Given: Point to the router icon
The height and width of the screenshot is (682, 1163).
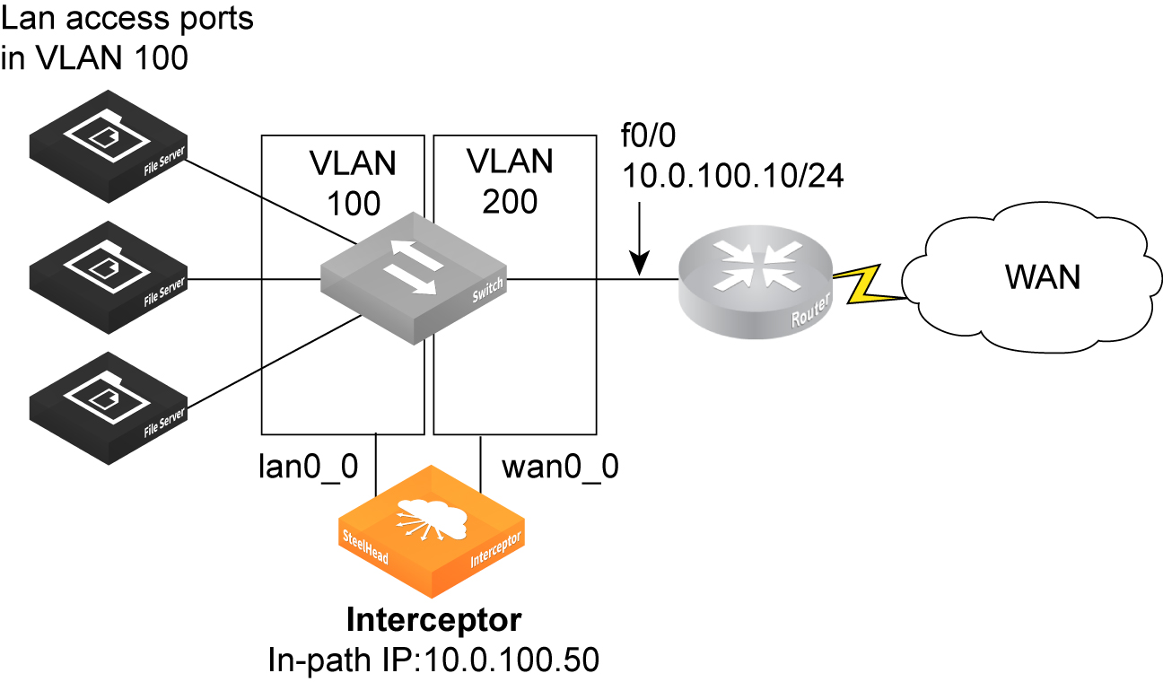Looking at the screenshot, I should (755, 284).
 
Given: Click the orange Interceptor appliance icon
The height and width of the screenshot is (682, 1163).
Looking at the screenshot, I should (432, 534).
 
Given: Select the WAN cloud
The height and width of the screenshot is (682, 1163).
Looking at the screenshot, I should (1023, 278).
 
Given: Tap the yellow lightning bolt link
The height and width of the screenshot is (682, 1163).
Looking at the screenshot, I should (861, 284).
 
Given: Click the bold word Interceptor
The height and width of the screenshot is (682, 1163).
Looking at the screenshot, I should (433, 620).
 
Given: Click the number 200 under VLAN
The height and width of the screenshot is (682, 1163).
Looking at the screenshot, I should (510, 202).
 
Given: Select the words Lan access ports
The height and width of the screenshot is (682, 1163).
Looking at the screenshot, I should (129, 20).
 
